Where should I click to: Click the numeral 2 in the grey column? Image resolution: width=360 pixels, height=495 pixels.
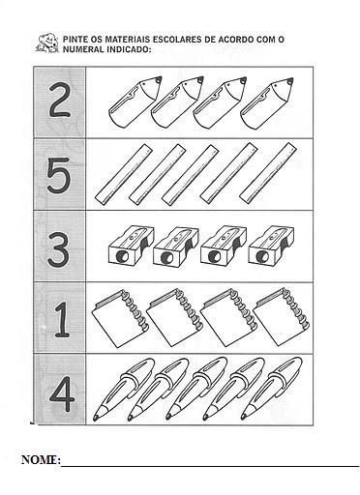60,101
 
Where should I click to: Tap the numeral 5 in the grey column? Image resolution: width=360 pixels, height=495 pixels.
59,176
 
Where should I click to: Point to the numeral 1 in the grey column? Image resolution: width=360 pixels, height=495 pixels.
62,319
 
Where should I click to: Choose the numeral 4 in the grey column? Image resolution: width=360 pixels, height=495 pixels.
62,394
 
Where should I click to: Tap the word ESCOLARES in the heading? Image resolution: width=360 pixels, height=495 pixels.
176,40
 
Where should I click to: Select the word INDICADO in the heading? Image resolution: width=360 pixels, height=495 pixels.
127,49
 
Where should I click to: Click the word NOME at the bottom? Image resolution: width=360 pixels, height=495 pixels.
40,459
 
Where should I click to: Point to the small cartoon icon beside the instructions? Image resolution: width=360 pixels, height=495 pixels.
46,43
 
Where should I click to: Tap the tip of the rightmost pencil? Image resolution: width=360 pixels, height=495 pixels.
291,79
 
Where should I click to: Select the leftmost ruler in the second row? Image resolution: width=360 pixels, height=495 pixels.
124,174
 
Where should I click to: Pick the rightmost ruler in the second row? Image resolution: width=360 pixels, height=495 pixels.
268,174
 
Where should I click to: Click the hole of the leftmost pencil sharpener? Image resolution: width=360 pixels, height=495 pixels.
121,256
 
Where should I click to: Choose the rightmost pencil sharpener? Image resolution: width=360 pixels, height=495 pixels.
271,246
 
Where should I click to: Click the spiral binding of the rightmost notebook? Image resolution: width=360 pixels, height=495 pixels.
295,309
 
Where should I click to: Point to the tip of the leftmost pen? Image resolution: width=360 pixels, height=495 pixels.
96,419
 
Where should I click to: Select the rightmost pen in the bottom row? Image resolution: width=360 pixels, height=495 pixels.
272,389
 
